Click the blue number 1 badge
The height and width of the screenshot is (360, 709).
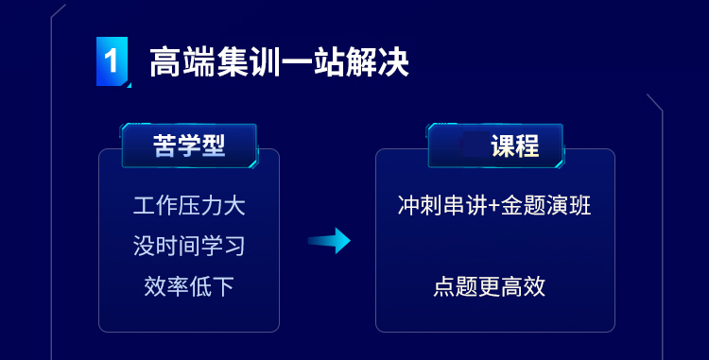[x=112, y=61]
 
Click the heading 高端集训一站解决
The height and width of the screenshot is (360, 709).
[x=280, y=61]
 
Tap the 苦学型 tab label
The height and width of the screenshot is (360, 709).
[x=189, y=146]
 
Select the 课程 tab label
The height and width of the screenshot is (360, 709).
[x=515, y=146]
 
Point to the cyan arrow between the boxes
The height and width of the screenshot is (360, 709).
[x=329, y=241]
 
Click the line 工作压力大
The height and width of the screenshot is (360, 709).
[x=189, y=206]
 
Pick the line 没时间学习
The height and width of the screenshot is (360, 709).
[x=189, y=247]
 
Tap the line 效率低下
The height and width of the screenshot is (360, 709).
[x=189, y=286]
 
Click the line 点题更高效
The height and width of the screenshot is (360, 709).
[x=490, y=286]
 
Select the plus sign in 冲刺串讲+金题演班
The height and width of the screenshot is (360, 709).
[x=494, y=207]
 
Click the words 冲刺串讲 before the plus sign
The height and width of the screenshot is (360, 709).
[x=442, y=206]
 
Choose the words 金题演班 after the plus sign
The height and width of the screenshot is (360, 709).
[x=546, y=206]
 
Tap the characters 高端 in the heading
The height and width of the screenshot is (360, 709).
[x=182, y=61]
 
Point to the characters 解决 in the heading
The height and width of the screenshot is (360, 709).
[x=377, y=61]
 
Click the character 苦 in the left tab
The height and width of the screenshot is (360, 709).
[x=164, y=146]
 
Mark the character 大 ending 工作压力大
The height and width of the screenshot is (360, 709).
[x=234, y=206]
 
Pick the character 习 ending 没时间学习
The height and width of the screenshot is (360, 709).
[x=234, y=247]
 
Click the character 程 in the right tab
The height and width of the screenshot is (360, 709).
[x=527, y=146]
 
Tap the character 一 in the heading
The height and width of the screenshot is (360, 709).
[x=296, y=62]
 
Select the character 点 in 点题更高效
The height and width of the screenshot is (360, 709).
[x=444, y=286]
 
